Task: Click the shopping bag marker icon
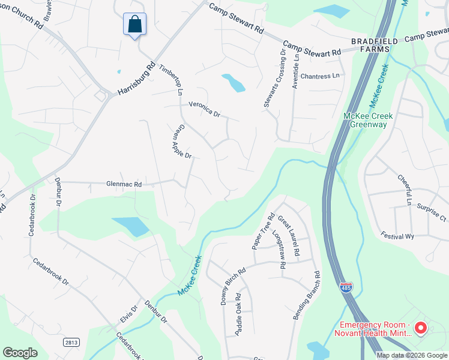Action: coord(135,25)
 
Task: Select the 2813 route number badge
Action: coord(71,341)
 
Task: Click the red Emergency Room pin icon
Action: coord(420,328)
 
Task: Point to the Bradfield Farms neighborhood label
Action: coord(375,45)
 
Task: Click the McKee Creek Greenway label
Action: coord(365,120)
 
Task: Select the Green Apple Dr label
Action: coord(181,142)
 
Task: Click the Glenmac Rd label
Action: coord(124,185)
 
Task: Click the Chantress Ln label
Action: coord(319,76)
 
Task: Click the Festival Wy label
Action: coord(400,236)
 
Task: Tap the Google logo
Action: coord(20,353)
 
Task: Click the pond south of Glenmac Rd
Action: coord(130,226)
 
